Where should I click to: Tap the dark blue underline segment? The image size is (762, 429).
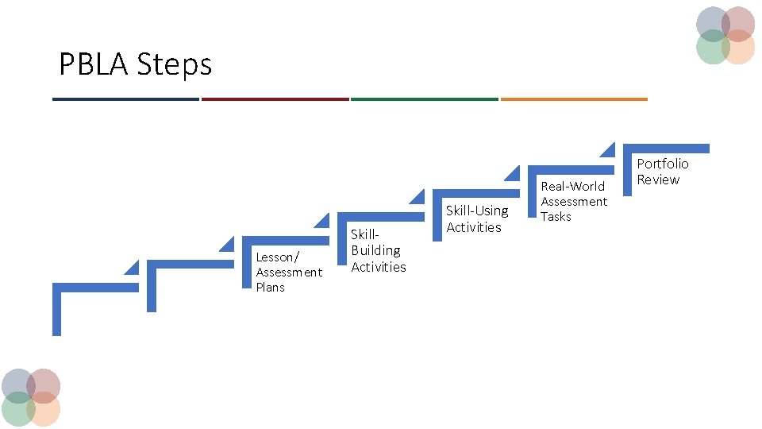click(125, 99)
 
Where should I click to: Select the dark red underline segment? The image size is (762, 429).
click(275, 99)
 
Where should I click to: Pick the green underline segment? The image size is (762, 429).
click(424, 99)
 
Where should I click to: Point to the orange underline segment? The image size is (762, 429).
click(573, 99)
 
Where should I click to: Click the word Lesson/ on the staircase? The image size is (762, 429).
click(277, 257)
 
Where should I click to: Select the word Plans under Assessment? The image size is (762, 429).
click(270, 288)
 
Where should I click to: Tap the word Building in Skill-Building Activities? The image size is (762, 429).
click(375, 250)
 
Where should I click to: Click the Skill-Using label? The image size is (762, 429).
click(477, 211)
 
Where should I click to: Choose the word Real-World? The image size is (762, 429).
click(572, 186)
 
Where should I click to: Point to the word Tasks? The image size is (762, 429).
click(556, 216)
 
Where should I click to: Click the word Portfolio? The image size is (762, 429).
click(663, 164)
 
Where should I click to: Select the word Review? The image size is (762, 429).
click(658, 180)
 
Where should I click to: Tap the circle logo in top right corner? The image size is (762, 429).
click(725, 35)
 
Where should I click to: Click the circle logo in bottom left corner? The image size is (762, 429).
click(30, 396)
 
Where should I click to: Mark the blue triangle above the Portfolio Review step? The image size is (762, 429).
click(609, 150)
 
